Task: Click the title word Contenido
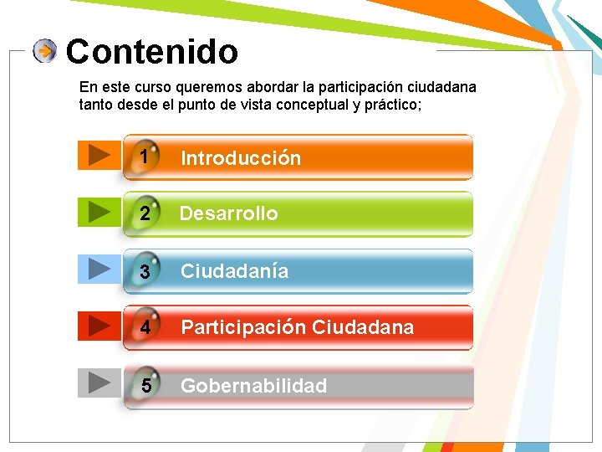point(151,52)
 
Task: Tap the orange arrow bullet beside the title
point(45,52)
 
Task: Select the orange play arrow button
point(99,155)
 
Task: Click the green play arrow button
point(99,211)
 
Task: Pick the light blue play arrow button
point(99,268)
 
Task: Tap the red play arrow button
point(99,324)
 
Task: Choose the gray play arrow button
point(99,382)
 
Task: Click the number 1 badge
point(145,157)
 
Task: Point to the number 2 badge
point(145,213)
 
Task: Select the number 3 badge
point(145,271)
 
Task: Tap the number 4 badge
point(145,327)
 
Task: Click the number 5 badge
point(146,386)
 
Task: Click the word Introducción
point(241,158)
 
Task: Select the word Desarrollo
point(228,213)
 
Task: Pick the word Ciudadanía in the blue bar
point(234,271)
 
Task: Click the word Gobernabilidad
point(253,386)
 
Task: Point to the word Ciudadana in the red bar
point(362,327)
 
